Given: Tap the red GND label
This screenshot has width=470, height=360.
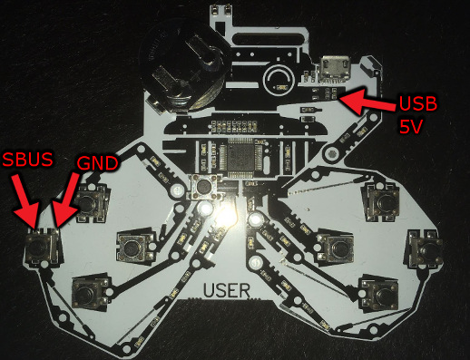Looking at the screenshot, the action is [x=97, y=163].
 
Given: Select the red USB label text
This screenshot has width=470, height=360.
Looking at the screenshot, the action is [x=418, y=103].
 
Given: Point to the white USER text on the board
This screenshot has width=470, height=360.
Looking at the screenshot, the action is [x=227, y=290].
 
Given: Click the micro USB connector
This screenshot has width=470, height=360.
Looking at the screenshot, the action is [x=335, y=69].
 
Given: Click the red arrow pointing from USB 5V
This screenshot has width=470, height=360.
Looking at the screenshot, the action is [x=367, y=101].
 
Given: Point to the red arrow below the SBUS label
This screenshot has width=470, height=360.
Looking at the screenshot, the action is [x=26, y=204].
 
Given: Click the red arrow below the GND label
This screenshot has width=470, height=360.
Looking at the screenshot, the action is [x=66, y=201].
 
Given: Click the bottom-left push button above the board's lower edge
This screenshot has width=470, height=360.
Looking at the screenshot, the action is [x=90, y=293].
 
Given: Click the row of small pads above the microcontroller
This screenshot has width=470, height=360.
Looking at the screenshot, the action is [x=235, y=126].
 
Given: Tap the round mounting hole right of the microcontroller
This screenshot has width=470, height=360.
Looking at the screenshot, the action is [x=331, y=153].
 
